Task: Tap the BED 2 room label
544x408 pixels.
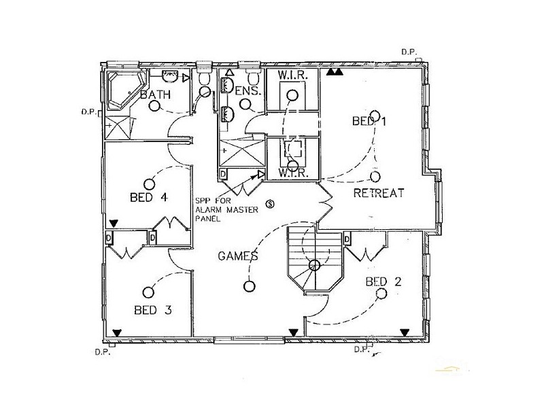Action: (383, 282)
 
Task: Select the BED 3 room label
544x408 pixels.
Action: (152, 310)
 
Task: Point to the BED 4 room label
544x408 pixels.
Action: (148, 197)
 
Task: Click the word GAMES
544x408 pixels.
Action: (237, 256)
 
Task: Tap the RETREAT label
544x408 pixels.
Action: (379, 193)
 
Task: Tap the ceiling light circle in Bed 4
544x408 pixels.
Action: (148, 182)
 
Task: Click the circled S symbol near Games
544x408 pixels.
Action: (271, 203)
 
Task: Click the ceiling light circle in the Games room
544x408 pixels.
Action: (250, 286)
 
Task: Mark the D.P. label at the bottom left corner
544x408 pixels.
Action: (102, 352)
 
